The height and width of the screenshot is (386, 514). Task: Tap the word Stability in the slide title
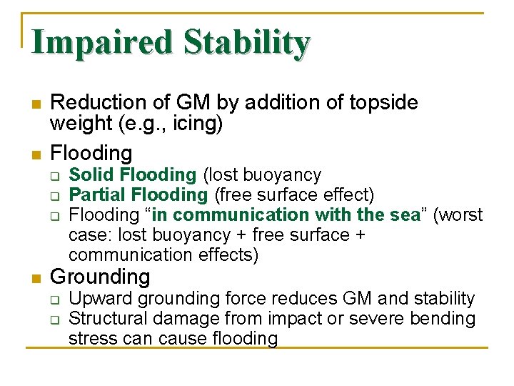(x=246, y=43)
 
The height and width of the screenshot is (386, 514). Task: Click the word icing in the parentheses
(x=198, y=124)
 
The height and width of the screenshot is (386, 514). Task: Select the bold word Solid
(x=92, y=174)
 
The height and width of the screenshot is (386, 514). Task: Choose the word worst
(x=460, y=214)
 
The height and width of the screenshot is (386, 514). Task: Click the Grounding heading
(x=100, y=277)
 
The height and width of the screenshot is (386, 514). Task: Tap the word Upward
(x=101, y=299)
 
